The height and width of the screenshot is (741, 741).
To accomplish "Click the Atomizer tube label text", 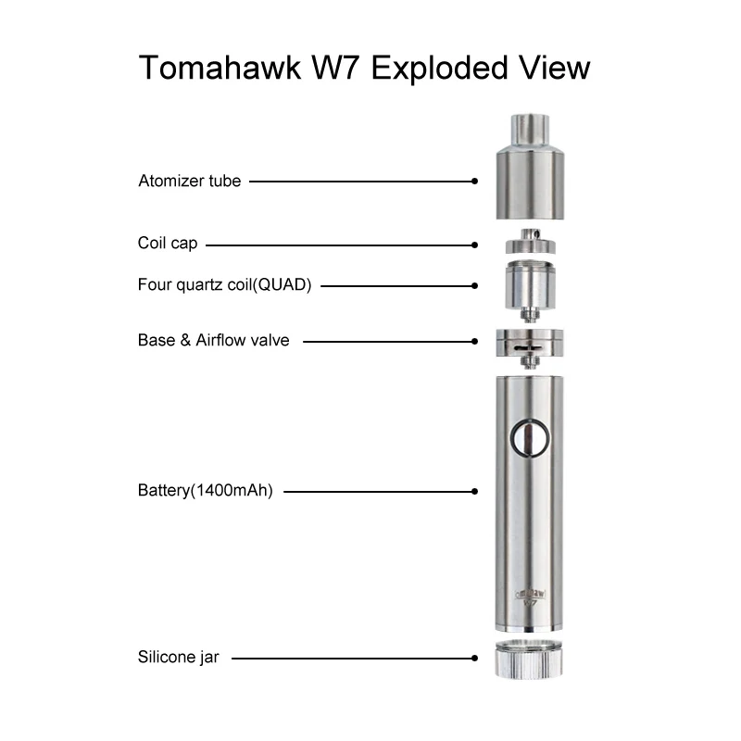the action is (189, 181).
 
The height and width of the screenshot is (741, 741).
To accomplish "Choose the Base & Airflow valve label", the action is (213, 340).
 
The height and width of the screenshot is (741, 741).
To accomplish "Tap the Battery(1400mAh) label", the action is (205, 491).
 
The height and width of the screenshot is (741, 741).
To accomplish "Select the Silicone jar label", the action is (180, 659).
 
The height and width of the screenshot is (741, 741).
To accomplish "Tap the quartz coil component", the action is (525, 288).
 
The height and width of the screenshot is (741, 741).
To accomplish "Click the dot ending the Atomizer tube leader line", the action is (474, 182).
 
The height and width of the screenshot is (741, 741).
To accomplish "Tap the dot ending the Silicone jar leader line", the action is (474, 659).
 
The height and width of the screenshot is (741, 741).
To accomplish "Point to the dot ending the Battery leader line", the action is (474, 491).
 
